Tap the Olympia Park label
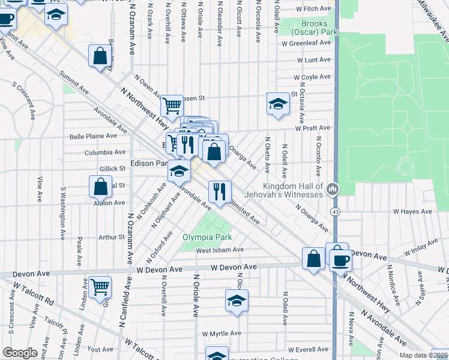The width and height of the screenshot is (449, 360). (207, 237)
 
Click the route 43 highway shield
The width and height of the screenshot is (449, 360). (335, 212)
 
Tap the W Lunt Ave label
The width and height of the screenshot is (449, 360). (313, 60)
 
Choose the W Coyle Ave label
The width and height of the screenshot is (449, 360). (312, 77)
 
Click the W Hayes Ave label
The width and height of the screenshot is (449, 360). (412, 212)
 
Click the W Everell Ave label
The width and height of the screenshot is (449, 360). (310, 349)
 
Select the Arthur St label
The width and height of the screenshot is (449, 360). (112, 237)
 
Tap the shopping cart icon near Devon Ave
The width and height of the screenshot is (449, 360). (100, 286)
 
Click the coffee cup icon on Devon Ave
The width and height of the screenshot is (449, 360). (340, 260)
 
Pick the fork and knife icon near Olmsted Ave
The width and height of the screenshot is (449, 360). (220, 191)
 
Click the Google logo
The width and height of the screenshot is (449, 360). (20, 353)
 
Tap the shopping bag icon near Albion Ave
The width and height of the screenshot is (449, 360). (100, 186)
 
